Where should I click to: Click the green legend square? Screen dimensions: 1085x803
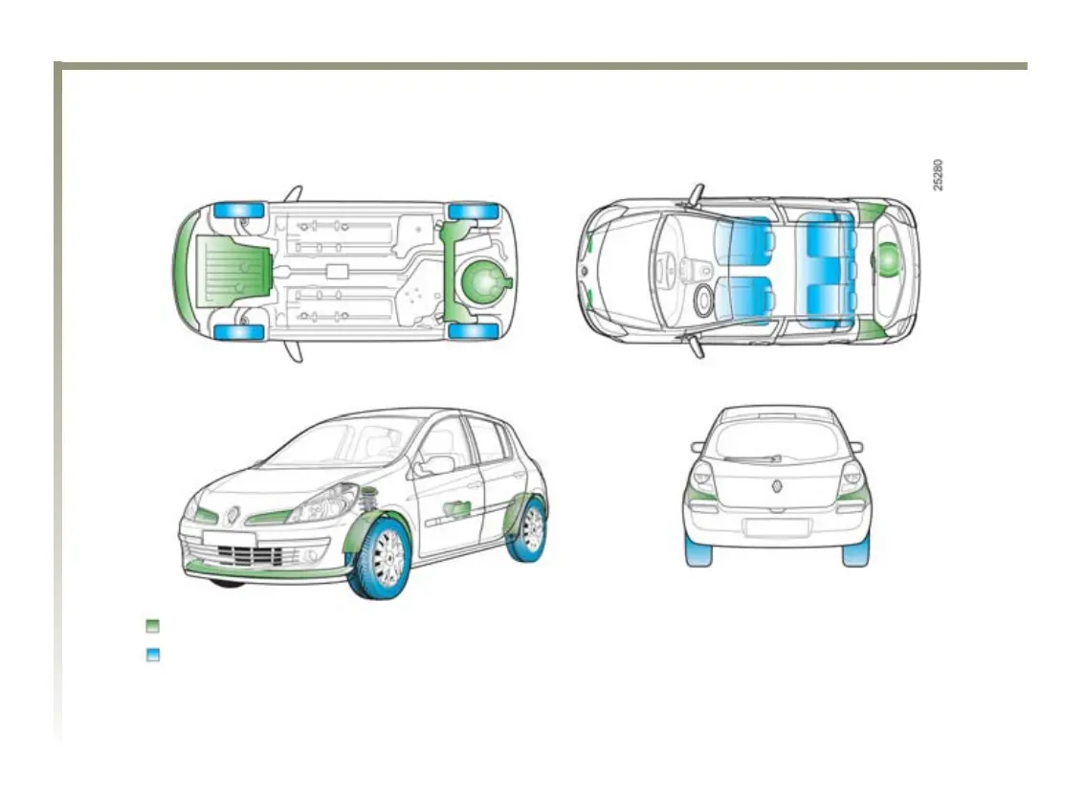click(x=152, y=626)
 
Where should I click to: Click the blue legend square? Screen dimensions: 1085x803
click(x=152, y=656)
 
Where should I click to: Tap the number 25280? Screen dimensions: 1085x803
click(x=939, y=174)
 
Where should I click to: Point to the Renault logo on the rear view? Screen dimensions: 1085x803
click(x=777, y=485)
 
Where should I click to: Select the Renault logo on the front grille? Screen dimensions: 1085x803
click(x=233, y=515)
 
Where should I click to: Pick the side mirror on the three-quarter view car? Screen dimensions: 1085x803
click(x=438, y=465)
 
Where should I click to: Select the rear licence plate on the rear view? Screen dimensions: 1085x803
click(x=777, y=527)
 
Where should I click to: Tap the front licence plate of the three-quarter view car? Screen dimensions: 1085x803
click(x=230, y=540)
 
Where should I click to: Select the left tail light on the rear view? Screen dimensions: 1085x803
click(x=702, y=478)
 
